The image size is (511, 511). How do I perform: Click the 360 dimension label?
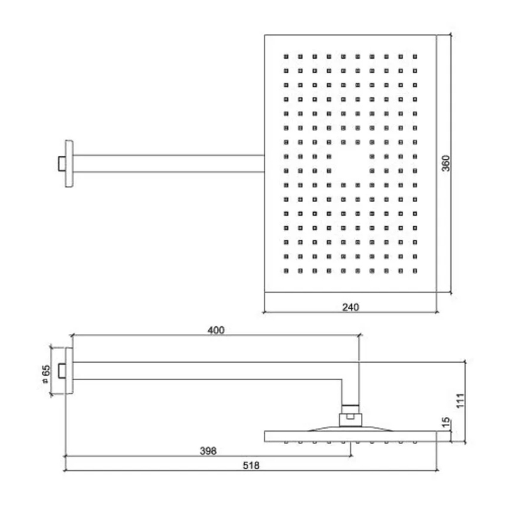click(446, 164)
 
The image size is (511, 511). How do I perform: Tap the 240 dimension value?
click(351, 307)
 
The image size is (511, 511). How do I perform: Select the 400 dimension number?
click(216, 330)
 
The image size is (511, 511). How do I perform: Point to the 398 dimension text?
click(208, 451)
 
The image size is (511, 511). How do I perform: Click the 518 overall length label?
click(251, 466)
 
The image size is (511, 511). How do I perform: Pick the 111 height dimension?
click(460, 400)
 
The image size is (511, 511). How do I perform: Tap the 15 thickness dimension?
click(446, 422)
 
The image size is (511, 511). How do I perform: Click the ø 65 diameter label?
click(46, 374)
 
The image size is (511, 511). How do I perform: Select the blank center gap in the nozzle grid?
click(350, 164)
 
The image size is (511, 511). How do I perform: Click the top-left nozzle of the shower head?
click(286, 56)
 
